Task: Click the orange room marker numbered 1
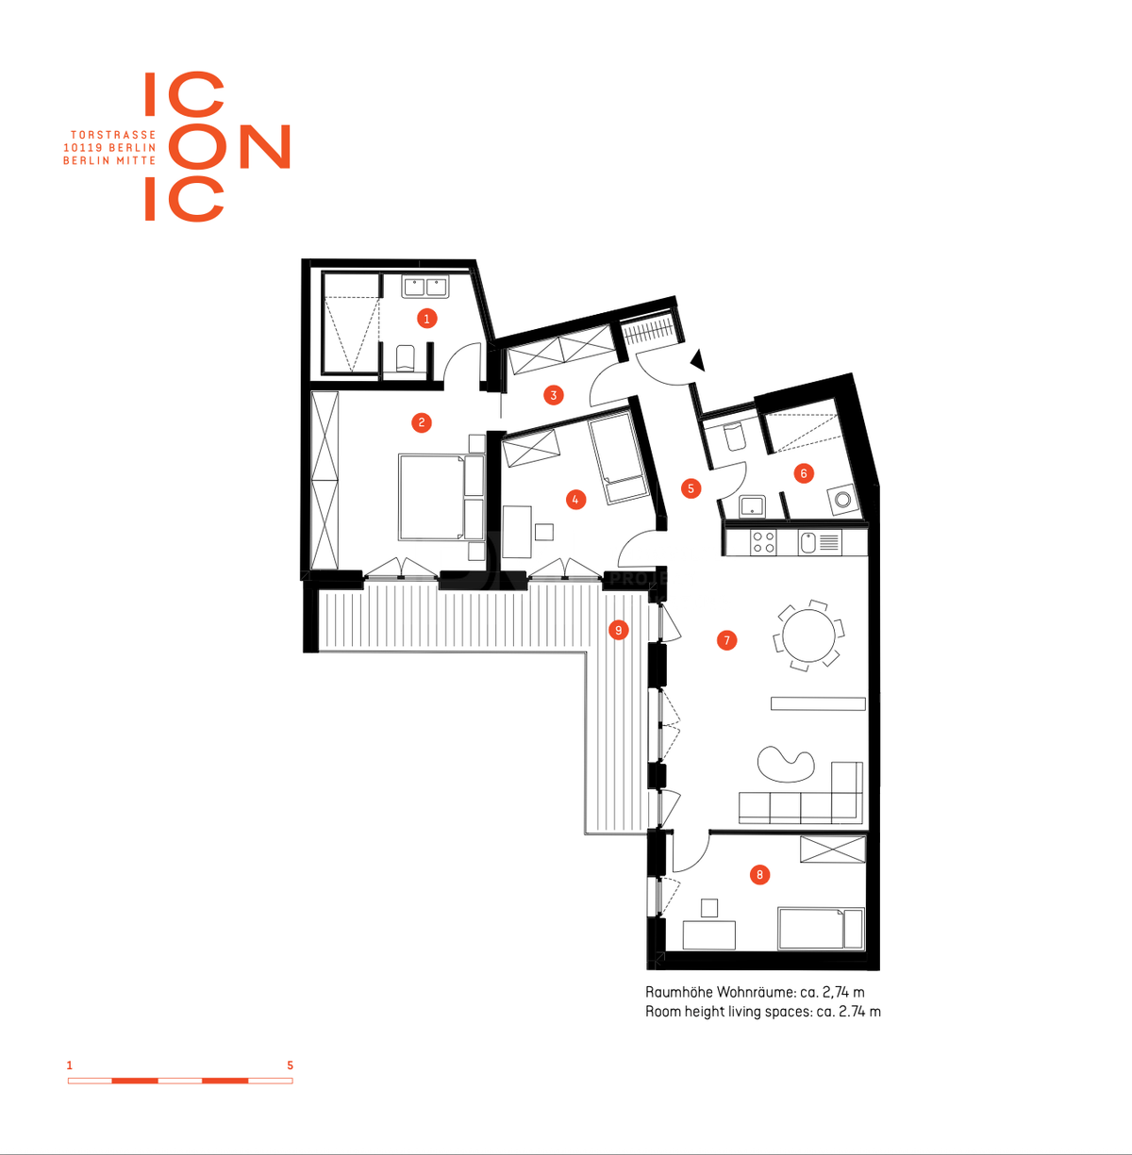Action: [426, 319]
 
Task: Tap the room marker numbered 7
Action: [726, 640]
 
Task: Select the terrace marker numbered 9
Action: [619, 630]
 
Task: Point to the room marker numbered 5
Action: [691, 488]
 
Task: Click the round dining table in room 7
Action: [808, 635]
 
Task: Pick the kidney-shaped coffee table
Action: [786, 765]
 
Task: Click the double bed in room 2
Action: [441, 497]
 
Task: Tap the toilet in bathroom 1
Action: [405, 358]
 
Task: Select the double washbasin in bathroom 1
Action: [425, 287]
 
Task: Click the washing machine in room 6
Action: [841, 500]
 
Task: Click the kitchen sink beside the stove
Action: [807, 542]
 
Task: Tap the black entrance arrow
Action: [697, 361]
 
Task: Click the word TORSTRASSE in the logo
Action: [113, 135]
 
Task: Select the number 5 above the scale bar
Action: [291, 1065]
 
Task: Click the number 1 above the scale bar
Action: [70, 1065]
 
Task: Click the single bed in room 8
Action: [821, 929]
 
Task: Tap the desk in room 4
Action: [517, 532]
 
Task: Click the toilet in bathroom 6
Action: [734, 437]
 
